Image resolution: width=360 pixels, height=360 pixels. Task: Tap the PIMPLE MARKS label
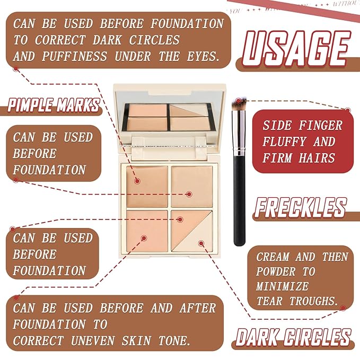coord(53,104)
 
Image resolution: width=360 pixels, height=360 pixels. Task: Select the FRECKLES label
coord(300,207)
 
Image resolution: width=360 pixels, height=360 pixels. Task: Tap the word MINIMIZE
coord(282,286)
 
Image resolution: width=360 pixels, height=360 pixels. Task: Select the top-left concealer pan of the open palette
coord(146,185)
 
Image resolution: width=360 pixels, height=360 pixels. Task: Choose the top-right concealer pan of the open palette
coord(191,185)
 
